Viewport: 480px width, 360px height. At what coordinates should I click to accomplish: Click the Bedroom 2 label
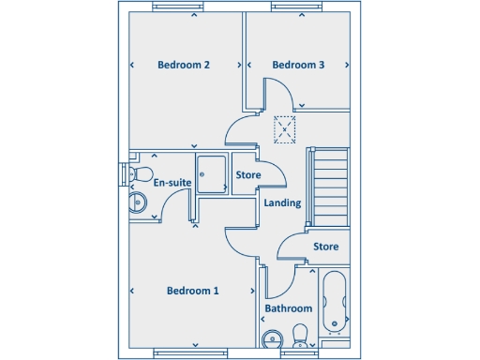(183, 65)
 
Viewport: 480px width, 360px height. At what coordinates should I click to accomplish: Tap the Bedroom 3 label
(298, 65)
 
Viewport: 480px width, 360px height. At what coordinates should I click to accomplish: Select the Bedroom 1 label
(192, 291)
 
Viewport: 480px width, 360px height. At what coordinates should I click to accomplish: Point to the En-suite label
(172, 182)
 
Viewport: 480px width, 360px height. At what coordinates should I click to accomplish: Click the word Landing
(282, 202)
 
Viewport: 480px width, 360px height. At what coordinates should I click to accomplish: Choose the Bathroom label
(288, 308)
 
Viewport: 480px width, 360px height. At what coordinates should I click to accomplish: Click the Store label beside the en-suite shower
(248, 175)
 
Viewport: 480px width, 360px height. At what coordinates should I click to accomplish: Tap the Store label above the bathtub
(325, 247)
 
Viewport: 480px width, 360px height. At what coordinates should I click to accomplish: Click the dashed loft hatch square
(285, 130)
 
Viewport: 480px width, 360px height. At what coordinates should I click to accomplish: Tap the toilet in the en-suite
(141, 174)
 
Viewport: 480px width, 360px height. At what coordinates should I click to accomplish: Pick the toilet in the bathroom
(302, 335)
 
